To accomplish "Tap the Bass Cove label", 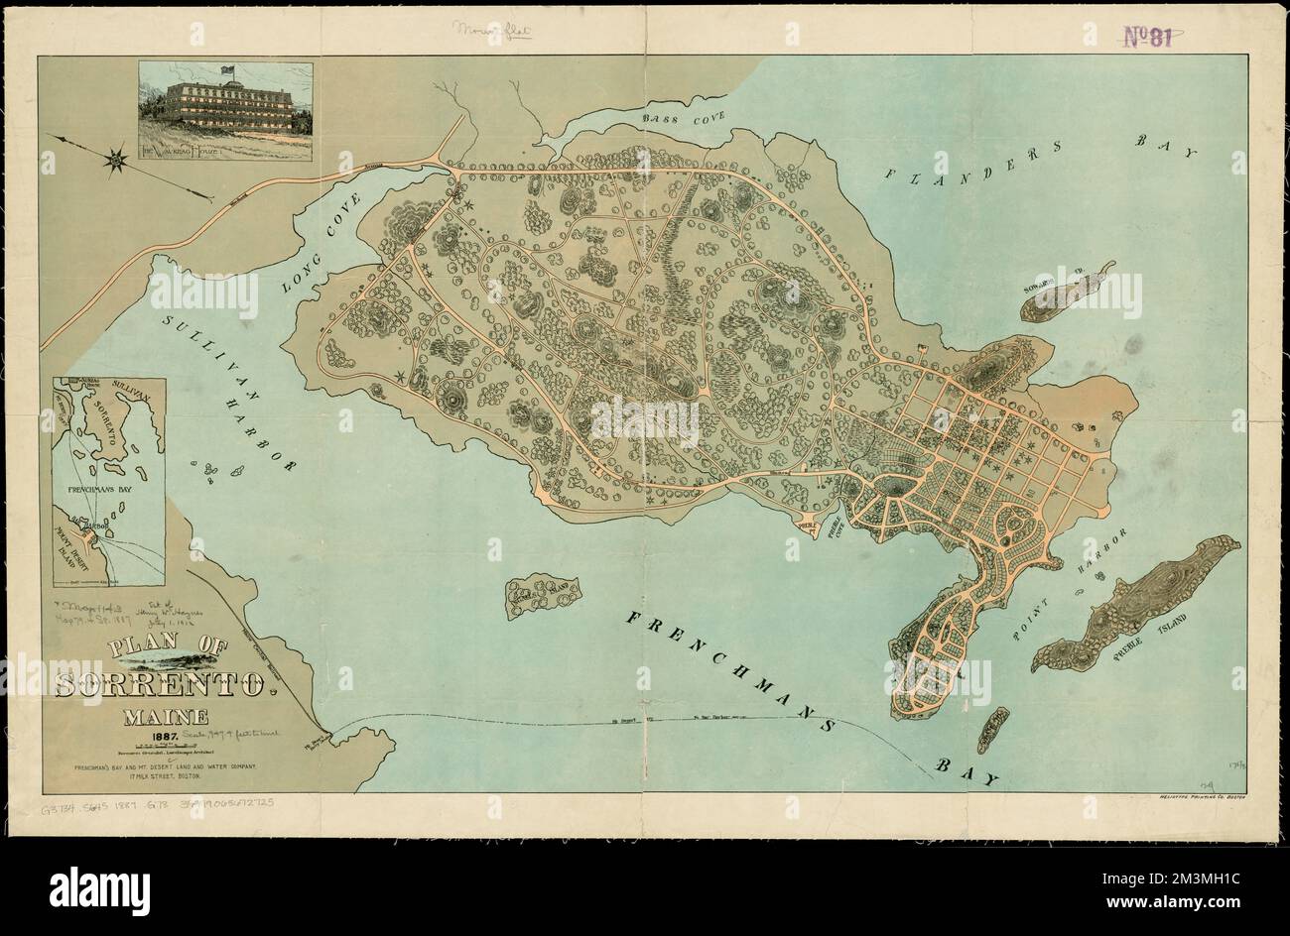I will [x=684, y=118].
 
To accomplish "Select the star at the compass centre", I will [x=117, y=158].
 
